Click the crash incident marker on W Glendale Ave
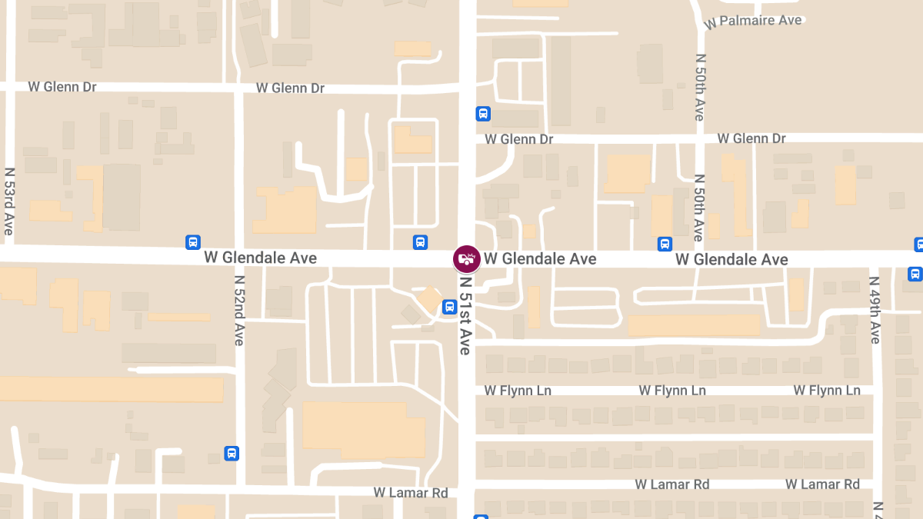[466, 258]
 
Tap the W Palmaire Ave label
[753, 21]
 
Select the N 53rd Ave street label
[9, 201]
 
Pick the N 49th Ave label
[875, 310]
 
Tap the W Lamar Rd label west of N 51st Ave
[411, 492]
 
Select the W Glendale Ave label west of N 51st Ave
[261, 258]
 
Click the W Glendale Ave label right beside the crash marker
[540, 259]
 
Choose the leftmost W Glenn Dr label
[62, 87]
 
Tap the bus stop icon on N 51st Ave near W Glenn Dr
[483, 114]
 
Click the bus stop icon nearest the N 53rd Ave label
[193, 242]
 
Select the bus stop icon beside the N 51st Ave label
[450, 308]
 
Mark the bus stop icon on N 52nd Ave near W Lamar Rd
[232, 453]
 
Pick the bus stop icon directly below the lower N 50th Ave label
[665, 244]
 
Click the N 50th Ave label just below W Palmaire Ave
[699, 87]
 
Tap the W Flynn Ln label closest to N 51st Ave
[518, 391]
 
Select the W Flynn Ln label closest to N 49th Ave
[827, 391]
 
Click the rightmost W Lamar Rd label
[822, 484]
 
